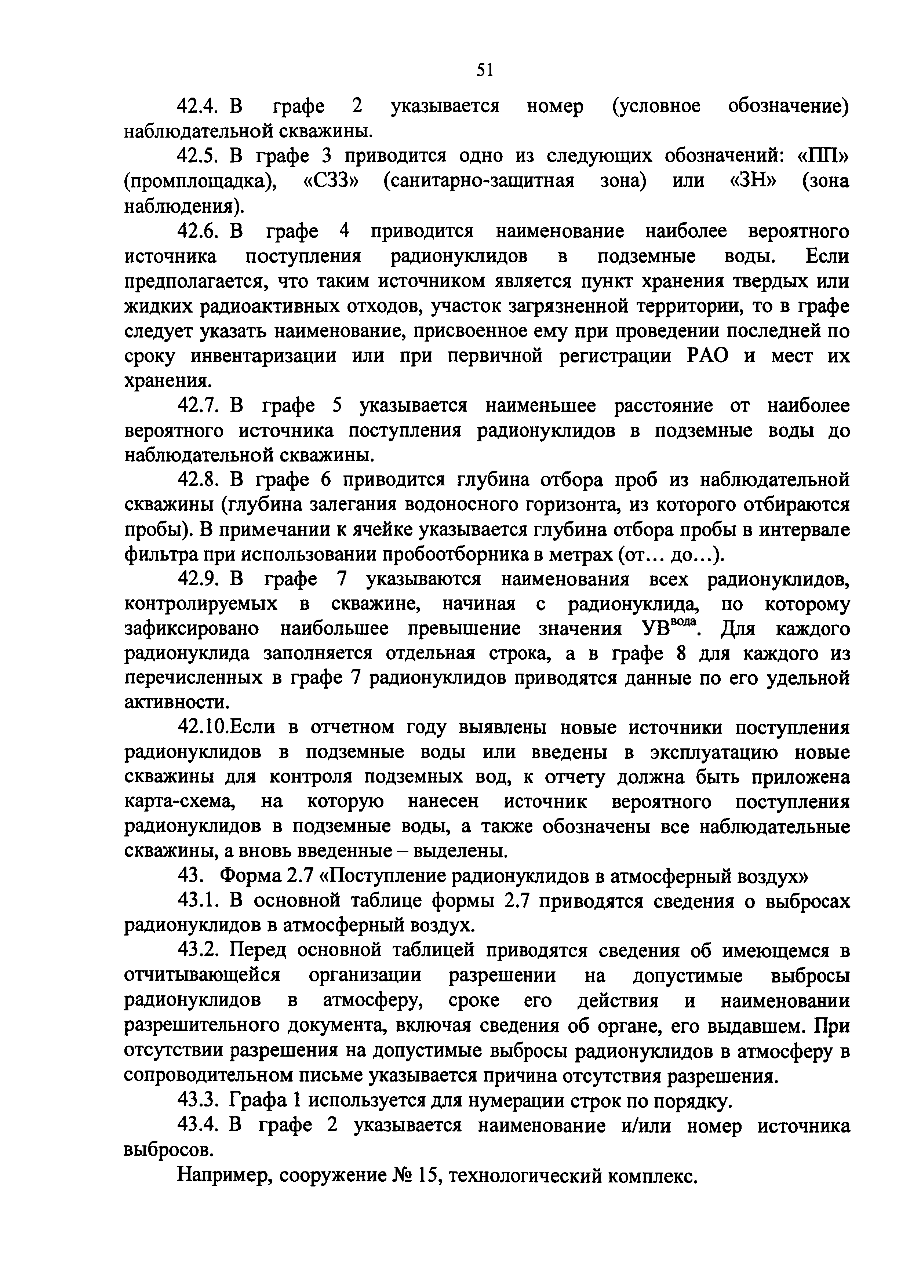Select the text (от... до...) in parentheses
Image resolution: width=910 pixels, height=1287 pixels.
click(x=672, y=555)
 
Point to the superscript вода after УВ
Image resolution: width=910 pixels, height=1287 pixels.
click(x=684, y=622)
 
